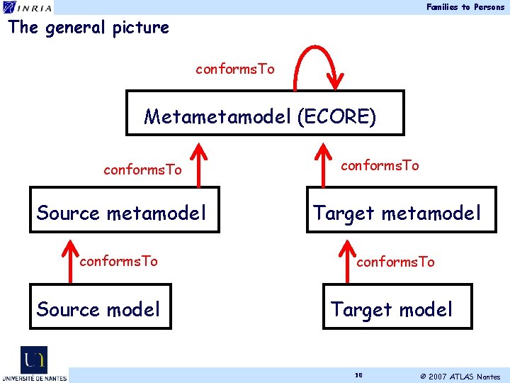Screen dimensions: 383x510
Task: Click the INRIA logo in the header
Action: pos(26,7)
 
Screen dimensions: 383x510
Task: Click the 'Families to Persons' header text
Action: pos(465,7)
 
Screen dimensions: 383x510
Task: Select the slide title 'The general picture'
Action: pos(89,28)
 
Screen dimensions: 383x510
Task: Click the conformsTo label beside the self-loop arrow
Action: pos(235,70)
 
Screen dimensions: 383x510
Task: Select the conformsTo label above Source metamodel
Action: pos(142,170)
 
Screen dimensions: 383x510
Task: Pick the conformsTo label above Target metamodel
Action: pos(380,165)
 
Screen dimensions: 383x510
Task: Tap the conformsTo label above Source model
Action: pos(118,261)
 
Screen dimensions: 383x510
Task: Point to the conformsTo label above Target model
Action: pos(395,262)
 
